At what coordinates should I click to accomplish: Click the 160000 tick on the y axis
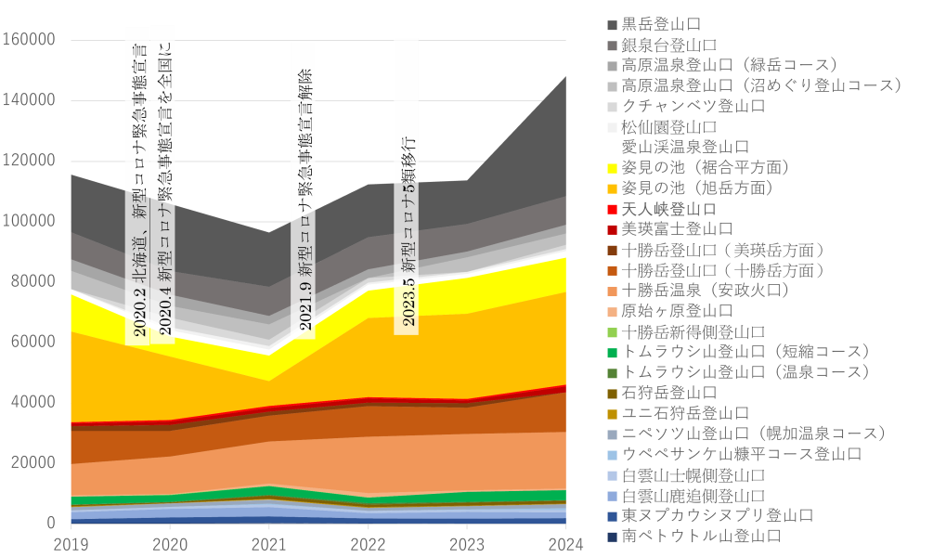(30, 40)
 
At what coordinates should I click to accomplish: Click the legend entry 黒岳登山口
(661, 23)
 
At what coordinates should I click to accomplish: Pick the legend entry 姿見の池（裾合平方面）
(706, 167)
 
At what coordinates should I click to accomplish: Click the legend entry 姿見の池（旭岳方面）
(697, 188)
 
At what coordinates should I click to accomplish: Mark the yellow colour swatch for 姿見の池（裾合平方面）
(612, 167)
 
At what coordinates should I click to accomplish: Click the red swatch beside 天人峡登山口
(612, 208)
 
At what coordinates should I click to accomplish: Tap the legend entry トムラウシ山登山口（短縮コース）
(745, 352)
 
